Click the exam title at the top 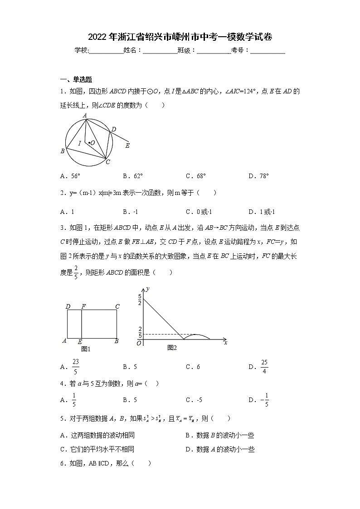180,37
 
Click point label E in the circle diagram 127,145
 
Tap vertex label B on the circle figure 63,151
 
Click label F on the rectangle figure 83,306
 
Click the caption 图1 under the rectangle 86,349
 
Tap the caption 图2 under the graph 172,348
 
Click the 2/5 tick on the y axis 140,332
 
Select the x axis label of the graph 225,343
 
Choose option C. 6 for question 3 193,367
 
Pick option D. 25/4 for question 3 259,367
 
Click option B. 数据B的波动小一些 219,436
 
